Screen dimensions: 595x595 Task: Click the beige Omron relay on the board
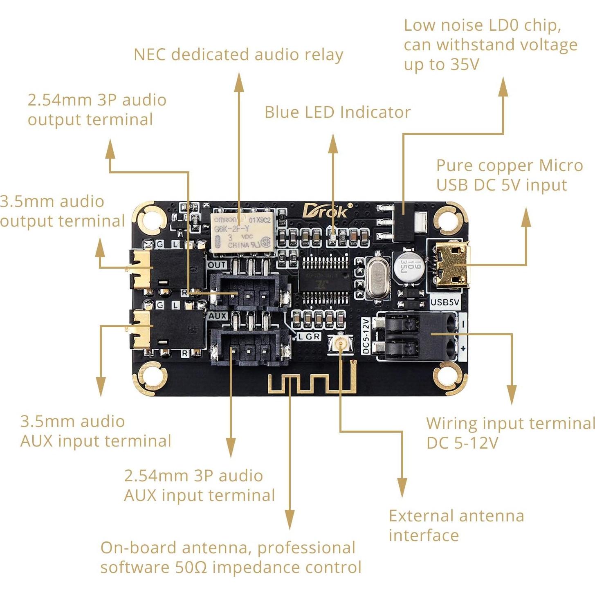[x=242, y=233]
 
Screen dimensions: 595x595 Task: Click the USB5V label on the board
[x=445, y=302]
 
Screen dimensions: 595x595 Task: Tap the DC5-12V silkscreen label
[x=366, y=336]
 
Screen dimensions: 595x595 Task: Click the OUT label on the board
[x=217, y=265]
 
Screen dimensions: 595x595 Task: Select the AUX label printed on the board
[x=217, y=316]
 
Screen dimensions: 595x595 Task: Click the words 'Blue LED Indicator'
[x=337, y=112]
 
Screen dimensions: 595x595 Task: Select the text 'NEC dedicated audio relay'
[x=238, y=55]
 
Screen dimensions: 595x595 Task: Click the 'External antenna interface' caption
[x=456, y=525]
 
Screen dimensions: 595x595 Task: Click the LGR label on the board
[x=309, y=337]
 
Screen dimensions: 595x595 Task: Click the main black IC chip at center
[x=325, y=281]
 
